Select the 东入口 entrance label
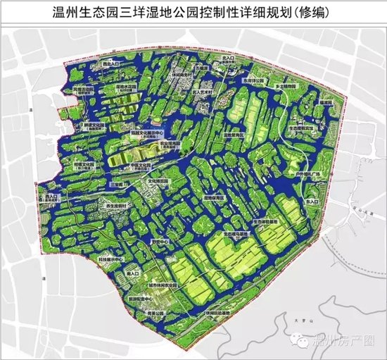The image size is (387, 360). point(312,201)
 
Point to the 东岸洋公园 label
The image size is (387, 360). point(254,80)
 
